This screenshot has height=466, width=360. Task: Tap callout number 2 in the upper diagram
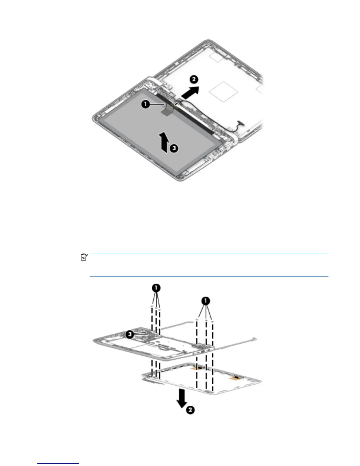pos(193,79)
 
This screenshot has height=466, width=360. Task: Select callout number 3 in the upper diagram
pos(174,148)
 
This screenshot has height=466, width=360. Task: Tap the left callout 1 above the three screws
pos(156,288)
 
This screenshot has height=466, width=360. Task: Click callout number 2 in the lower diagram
pos(190,410)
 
